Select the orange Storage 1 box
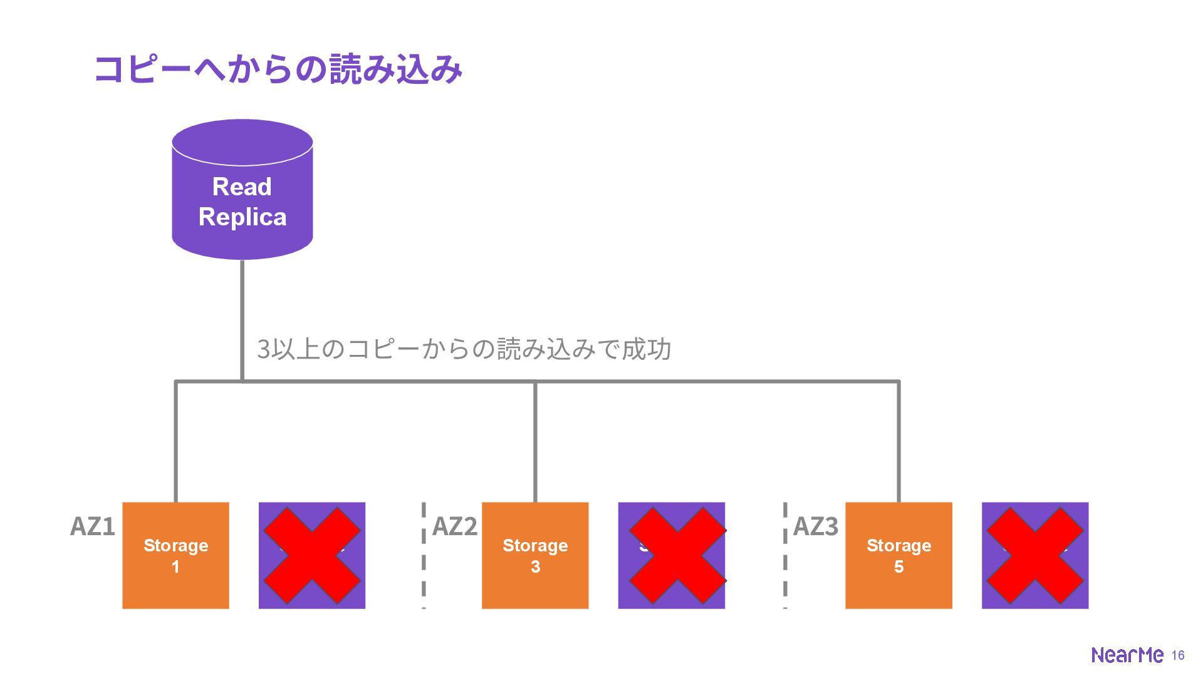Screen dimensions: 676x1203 pyautogui.click(x=175, y=555)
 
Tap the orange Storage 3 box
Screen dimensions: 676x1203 pyautogui.click(x=535, y=555)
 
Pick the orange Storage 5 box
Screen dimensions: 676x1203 pyautogui.click(x=898, y=555)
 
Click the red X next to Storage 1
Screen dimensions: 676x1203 pyautogui.click(x=312, y=555)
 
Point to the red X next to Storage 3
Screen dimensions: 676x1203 pyautogui.click(x=677, y=555)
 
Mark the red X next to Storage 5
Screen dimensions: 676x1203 pyautogui.click(x=1035, y=555)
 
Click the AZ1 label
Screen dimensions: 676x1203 pyautogui.click(x=93, y=526)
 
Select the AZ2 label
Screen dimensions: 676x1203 pyautogui.click(x=455, y=526)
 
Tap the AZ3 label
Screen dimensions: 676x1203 pyautogui.click(x=816, y=526)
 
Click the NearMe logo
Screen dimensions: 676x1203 pyautogui.click(x=1127, y=655)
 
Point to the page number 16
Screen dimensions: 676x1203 pyautogui.click(x=1178, y=655)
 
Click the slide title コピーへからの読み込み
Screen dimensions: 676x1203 pyautogui.click(x=278, y=69)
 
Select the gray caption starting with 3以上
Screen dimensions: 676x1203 pyautogui.click(x=464, y=349)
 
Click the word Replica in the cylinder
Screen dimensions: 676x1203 pyautogui.click(x=242, y=217)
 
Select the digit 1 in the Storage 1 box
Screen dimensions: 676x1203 pyautogui.click(x=175, y=567)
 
